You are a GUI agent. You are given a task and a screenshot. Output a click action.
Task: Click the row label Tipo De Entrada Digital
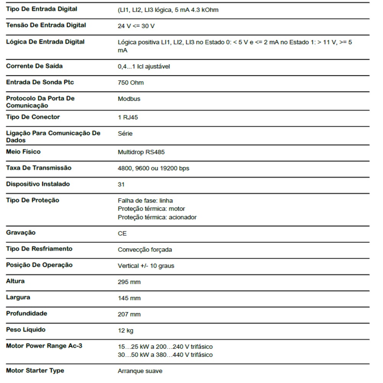coord(41,9)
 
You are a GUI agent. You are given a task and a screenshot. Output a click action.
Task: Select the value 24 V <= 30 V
coord(136,26)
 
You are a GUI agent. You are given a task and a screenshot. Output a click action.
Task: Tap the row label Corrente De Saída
coord(34,66)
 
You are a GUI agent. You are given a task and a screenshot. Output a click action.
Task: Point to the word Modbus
coord(129,99)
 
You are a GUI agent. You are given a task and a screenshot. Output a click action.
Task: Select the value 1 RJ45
coord(128,117)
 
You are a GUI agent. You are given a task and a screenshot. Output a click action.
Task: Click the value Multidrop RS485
coord(141,152)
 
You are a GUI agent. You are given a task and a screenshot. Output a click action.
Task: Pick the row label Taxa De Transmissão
coord(39,168)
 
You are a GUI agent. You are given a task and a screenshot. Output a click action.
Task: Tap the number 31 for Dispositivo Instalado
coord(121,184)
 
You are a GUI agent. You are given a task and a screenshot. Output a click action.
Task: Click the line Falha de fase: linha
coord(145,200)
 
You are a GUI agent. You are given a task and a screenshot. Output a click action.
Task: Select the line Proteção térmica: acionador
coord(157,217)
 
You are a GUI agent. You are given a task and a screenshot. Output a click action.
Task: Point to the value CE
coord(122,233)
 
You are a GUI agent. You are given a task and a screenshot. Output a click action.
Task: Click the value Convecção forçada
coord(145,250)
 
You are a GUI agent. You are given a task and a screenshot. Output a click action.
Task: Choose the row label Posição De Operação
coord(39,265)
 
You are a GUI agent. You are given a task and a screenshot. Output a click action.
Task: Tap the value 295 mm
coord(129,282)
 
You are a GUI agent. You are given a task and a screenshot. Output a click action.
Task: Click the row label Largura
coord(18,297)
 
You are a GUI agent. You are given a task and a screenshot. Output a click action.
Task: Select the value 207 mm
coord(129,314)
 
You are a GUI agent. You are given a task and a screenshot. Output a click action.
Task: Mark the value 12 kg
coord(126,331)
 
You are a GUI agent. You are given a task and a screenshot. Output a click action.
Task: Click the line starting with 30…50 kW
coord(165,355)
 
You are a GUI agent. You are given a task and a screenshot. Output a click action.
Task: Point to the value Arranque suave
coord(140,371)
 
